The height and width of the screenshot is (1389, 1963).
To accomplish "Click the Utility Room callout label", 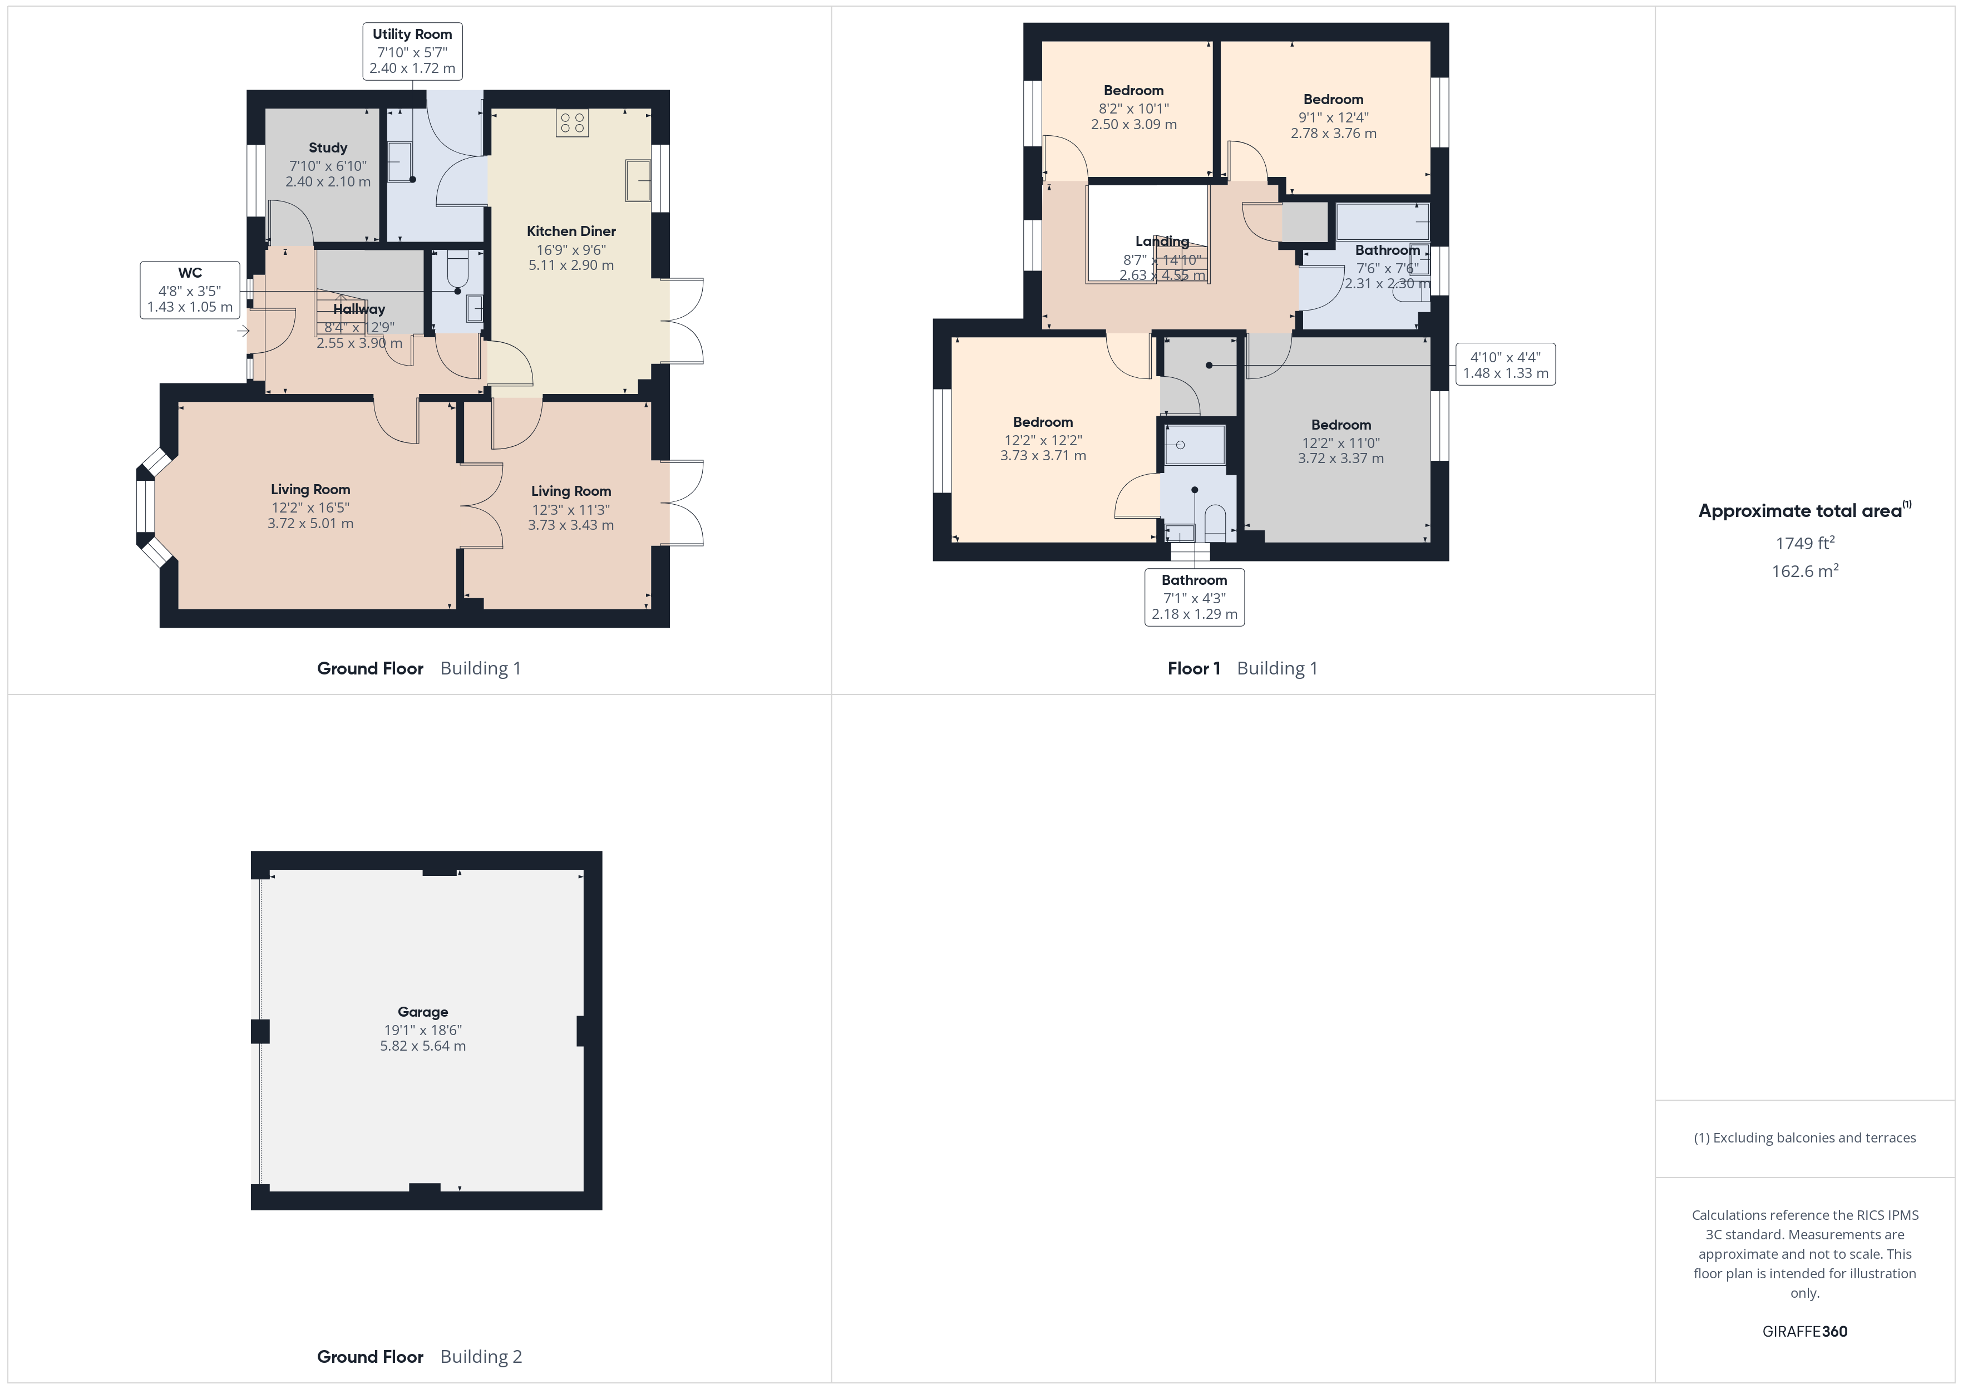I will click(x=412, y=51).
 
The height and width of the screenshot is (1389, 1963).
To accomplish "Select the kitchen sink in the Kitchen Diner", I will click(x=638, y=180).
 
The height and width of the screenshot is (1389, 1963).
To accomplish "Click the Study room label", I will click(x=328, y=148).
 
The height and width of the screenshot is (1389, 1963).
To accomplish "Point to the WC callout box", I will click(x=190, y=290).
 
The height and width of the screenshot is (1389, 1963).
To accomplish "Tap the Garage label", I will click(x=422, y=1012).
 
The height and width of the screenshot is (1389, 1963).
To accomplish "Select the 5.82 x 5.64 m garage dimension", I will click(x=422, y=1046).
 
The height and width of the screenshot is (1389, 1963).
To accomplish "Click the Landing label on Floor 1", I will click(x=1162, y=241).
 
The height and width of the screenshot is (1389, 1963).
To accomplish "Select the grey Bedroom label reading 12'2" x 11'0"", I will click(x=1340, y=425).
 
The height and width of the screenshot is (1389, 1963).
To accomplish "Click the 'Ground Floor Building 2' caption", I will click(x=419, y=1357).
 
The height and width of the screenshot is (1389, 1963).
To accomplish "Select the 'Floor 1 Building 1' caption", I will click(x=1242, y=669).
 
